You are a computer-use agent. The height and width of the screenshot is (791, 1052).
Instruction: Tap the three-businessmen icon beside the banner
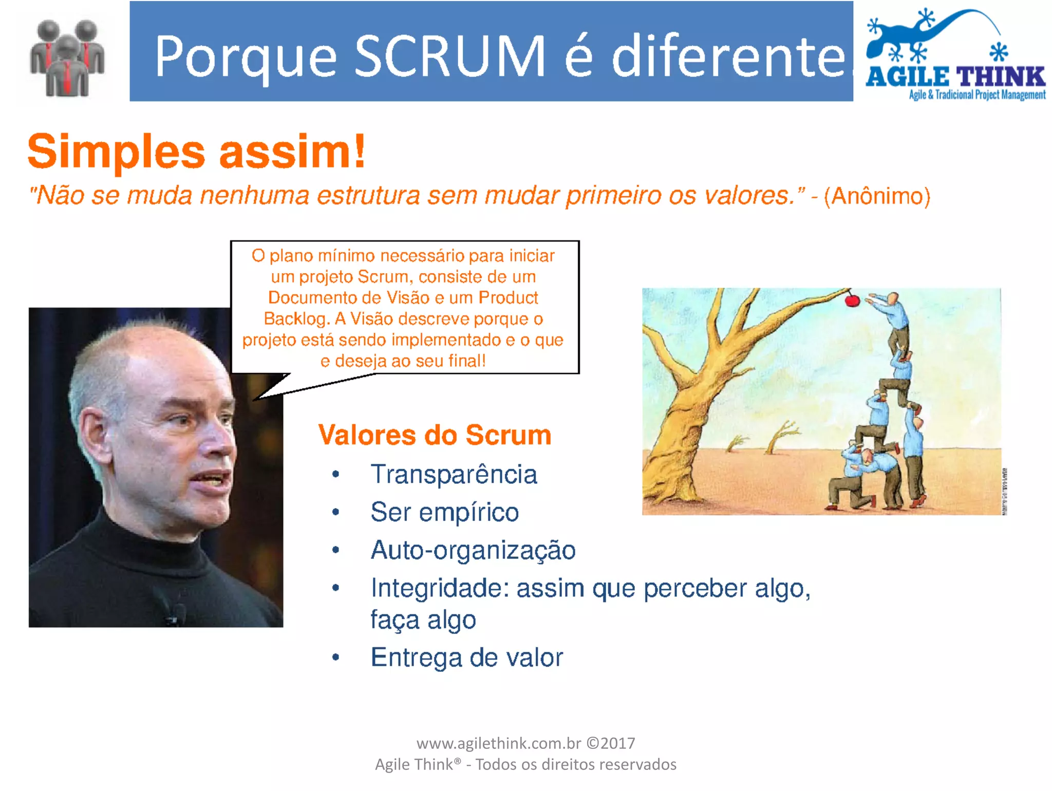(67, 59)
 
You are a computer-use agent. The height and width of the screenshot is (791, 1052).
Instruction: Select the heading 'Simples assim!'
(196, 151)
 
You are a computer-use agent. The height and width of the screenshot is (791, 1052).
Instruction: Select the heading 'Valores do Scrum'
(435, 435)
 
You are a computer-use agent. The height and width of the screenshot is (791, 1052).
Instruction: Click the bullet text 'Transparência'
(454, 474)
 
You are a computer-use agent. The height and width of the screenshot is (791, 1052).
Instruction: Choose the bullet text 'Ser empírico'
(444, 512)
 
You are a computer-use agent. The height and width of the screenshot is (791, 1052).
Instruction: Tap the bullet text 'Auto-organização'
(473, 550)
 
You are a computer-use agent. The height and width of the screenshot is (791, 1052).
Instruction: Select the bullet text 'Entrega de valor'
(466, 657)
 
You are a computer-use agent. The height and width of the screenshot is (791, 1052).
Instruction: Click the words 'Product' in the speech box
(508, 298)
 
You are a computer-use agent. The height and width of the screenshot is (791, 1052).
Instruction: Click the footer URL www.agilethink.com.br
(498, 743)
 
